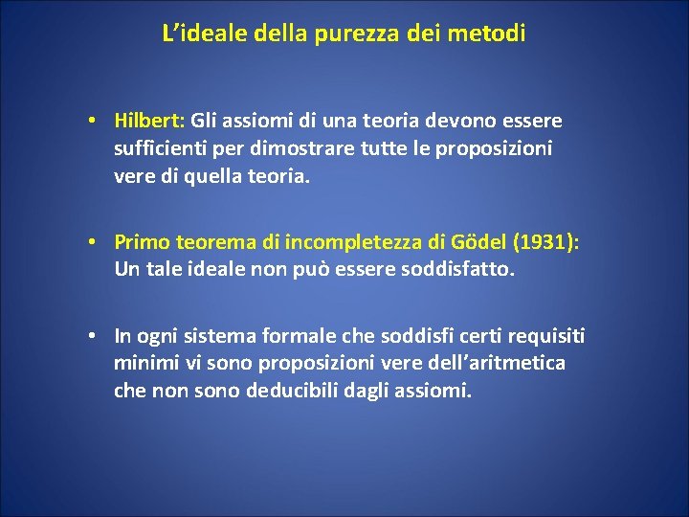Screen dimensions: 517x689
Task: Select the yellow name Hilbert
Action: (x=147, y=122)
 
